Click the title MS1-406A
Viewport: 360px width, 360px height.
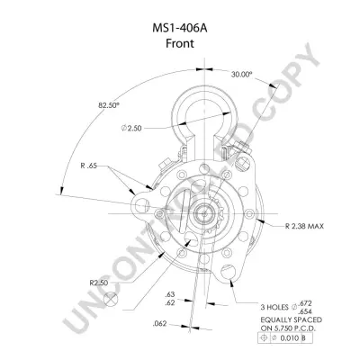[180, 28]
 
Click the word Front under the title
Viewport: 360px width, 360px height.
[180, 43]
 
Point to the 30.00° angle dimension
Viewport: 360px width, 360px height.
[241, 75]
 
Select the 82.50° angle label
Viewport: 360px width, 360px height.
[109, 105]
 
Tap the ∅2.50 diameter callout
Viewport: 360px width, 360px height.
[131, 128]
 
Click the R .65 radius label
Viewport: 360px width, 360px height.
[88, 166]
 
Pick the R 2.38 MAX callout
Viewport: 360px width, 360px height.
[304, 226]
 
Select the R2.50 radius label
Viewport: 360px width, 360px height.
[99, 283]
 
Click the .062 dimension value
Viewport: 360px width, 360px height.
[159, 324]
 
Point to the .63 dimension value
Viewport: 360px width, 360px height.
[170, 294]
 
